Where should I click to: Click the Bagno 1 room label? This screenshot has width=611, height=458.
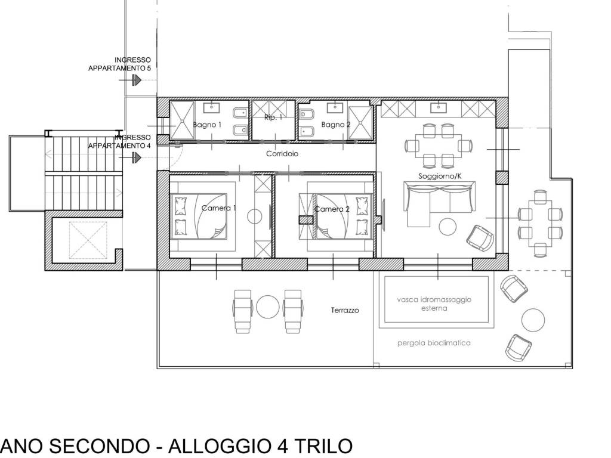coord(207,125)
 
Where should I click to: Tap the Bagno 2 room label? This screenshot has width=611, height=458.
coord(335,125)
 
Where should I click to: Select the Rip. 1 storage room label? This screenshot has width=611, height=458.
coord(273,118)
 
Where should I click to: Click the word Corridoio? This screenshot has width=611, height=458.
coord(282,154)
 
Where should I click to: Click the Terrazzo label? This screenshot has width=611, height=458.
coord(345,311)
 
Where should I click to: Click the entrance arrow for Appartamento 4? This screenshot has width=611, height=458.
coord(137,157)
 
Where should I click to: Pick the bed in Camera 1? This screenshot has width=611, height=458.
coord(199,216)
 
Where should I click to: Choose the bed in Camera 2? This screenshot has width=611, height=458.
coord(338,216)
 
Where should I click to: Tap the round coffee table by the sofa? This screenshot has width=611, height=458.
coord(448,227)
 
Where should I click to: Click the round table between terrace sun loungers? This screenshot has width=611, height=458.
coord(267,307)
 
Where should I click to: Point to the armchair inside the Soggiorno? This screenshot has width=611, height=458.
coord(480,237)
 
